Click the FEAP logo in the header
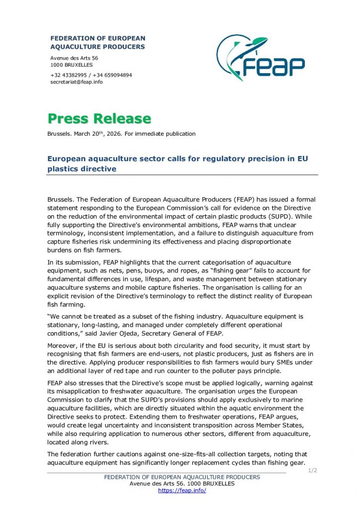260,59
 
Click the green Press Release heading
99,119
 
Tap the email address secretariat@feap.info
77,82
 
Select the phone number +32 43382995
69,75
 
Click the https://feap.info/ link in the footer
182,491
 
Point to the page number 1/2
313,470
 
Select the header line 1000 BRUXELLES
72,65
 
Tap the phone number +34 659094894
112,75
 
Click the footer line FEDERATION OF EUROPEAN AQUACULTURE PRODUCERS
182,477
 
